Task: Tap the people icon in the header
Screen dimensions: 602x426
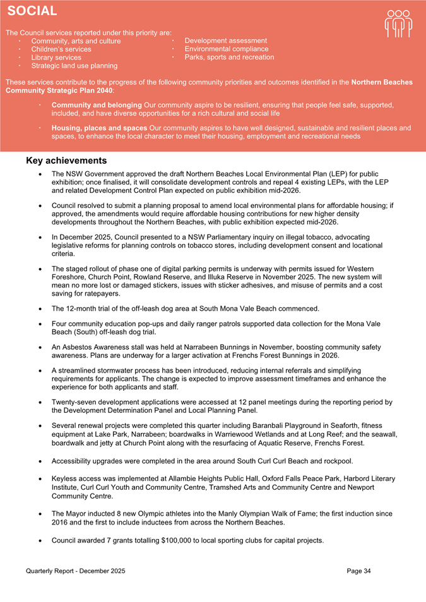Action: pos(398,24)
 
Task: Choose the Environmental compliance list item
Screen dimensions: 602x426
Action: pos(226,49)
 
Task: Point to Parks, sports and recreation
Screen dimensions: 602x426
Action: pos(229,57)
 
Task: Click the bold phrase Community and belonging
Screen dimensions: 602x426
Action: pos(97,105)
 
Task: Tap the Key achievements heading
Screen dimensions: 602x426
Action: pos(66,161)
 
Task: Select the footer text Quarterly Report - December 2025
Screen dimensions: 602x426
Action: pos(76,570)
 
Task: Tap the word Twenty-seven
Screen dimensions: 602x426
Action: pos(74,402)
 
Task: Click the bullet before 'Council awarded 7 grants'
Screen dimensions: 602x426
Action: pos(40,541)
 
